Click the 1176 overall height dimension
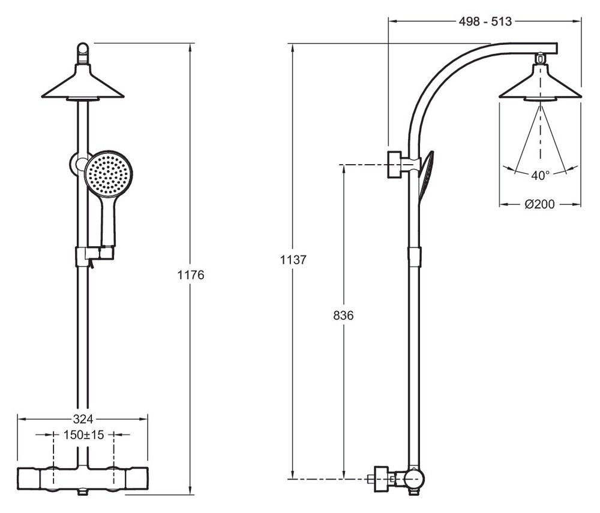click(191, 275)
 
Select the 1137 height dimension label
click(293, 260)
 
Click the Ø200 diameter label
click(539, 204)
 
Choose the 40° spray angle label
click(540, 176)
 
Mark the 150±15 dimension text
click(84, 434)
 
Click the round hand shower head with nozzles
click(108, 173)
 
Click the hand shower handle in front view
click(108, 222)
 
